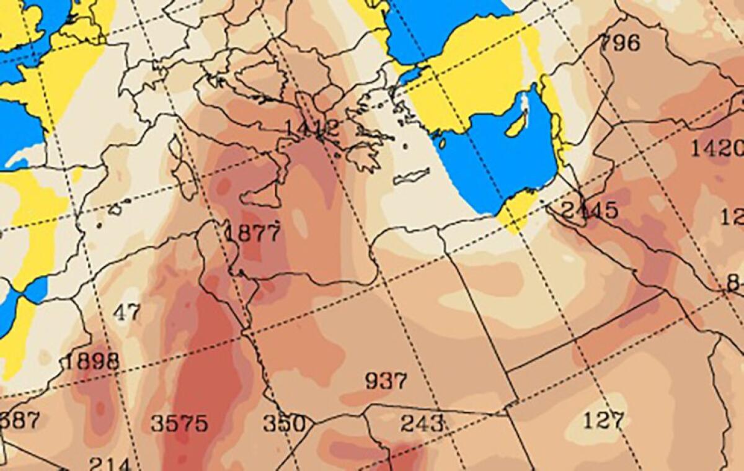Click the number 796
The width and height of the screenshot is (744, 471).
point(620,43)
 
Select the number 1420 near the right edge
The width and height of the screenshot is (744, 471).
point(717,148)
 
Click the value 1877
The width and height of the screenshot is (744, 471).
point(252,233)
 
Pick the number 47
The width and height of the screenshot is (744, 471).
point(127,312)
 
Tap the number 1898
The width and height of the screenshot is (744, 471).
point(91,360)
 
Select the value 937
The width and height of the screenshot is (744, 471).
point(386,380)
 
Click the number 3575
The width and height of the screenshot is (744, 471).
point(179,424)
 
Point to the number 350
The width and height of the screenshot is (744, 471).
point(285,424)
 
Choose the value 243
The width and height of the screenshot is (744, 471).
point(422,423)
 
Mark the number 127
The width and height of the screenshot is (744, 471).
point(603,421)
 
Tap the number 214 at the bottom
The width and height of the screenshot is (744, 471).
point(110,464)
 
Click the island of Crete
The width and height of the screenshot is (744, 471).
point(411,176)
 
